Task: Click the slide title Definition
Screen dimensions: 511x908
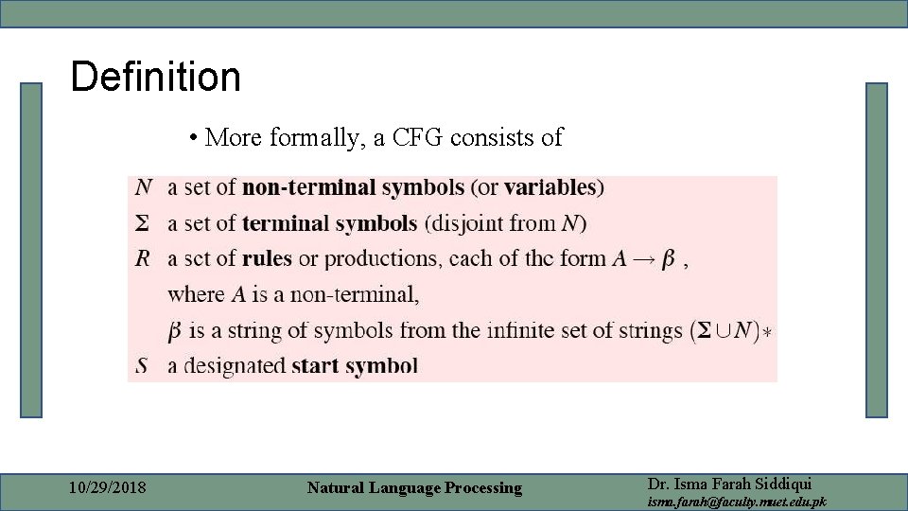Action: pyautogui.click(x=155, y=77)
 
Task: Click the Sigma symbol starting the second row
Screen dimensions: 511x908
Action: pyautogui.click(x=142, y=224)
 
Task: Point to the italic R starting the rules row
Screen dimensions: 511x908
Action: pyautogui.click(x=143, y=259)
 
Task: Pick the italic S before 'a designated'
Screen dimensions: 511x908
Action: pyautogui.click(x=142, y=366)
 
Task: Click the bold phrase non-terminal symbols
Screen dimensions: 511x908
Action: pyautogui.click(x=353, y=187)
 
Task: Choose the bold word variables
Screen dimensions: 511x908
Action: pyautogui.click(x=550, y=187)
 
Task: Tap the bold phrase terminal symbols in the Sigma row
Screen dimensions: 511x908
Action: pyautogui.click(x=329, y=224)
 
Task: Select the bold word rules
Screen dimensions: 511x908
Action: pyautogui.click(x=267, y=259)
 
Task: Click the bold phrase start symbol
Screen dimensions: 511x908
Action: pyautogui.click(x=355, y=366)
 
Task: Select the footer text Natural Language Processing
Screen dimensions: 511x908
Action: pyautogui.click(x=414, y=488)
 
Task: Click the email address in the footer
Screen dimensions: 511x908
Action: pyautogui.click(x=736, y=502)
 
